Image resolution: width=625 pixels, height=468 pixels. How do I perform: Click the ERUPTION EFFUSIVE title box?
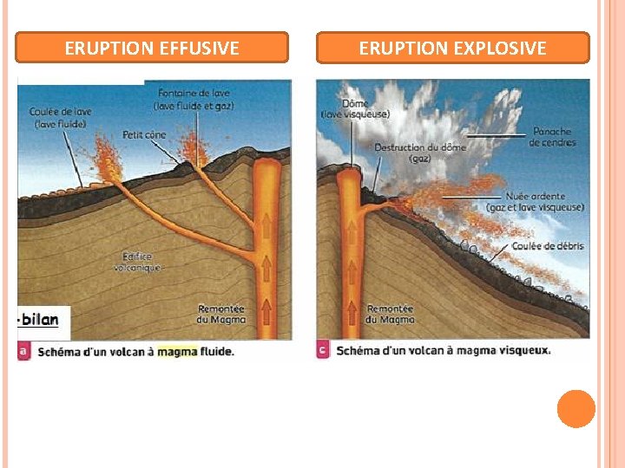[x=152, y=48]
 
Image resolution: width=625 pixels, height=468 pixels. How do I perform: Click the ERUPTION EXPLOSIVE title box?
[x=452, y=48]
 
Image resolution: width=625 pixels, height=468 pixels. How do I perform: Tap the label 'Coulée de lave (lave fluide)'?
[x=60, y=118]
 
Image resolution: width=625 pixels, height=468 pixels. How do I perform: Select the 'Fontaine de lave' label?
[x=195, y=99]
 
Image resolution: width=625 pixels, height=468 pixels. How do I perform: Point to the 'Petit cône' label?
[x=144, y=134]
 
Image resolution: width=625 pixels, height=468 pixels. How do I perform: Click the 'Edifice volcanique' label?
[x=137, y=262]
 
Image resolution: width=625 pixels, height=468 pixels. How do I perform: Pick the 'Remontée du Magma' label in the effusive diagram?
[x=221, y=314]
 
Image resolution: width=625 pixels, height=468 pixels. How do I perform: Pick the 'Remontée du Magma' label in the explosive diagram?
[x=390, y=314]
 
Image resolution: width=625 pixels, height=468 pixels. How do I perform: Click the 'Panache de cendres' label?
[x=551, y=137]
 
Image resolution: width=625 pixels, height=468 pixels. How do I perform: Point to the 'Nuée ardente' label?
[x=535, y=202]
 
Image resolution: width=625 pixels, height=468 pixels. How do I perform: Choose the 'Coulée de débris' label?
[x=547, y=246]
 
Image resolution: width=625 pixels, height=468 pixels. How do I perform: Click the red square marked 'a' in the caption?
[x=23, y=351]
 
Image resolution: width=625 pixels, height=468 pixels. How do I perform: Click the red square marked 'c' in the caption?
[x=322, y=351]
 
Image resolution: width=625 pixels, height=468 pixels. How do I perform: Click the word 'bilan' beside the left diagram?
[x=40, y=319]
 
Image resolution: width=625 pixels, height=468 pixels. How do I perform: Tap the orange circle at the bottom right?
[x=576, y=409]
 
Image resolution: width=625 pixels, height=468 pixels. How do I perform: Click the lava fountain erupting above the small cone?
[x=192, y=152]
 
